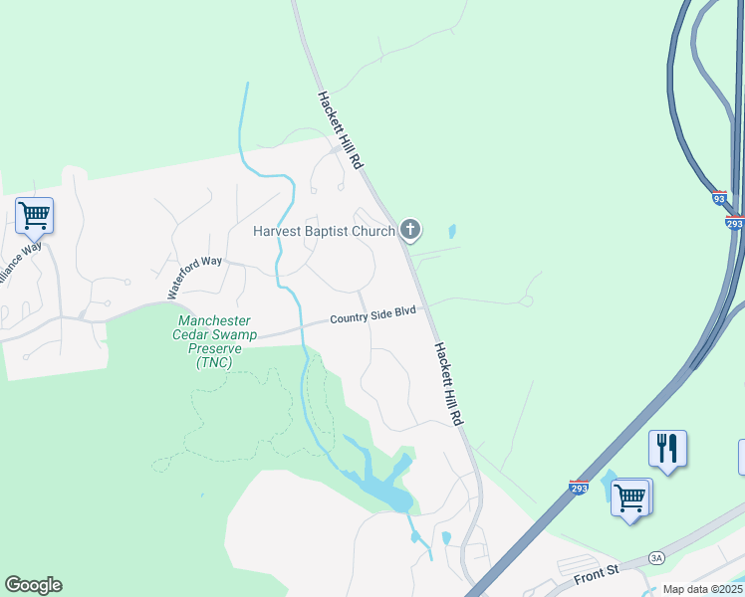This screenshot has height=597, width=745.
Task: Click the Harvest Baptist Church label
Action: click(x=325, y=232)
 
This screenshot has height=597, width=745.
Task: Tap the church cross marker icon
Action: click(x=409, y=231)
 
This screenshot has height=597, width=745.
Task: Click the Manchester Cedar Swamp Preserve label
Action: click(x=216, y=341)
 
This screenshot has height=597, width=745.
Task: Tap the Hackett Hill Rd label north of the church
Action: click(x=341, y=129)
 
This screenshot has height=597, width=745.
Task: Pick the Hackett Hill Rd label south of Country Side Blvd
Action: click(x=449, y=384)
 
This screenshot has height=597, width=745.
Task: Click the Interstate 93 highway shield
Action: click(x=719, y=198)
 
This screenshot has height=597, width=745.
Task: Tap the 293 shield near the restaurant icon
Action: click(x=579, y=488)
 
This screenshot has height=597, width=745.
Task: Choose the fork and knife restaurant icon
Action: click(x=666, y=448)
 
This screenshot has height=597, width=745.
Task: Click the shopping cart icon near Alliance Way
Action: click(x=34, y=214)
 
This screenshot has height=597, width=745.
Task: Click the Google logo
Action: click(x=33, y=585)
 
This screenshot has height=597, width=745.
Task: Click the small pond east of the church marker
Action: click(x=453, y=232)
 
